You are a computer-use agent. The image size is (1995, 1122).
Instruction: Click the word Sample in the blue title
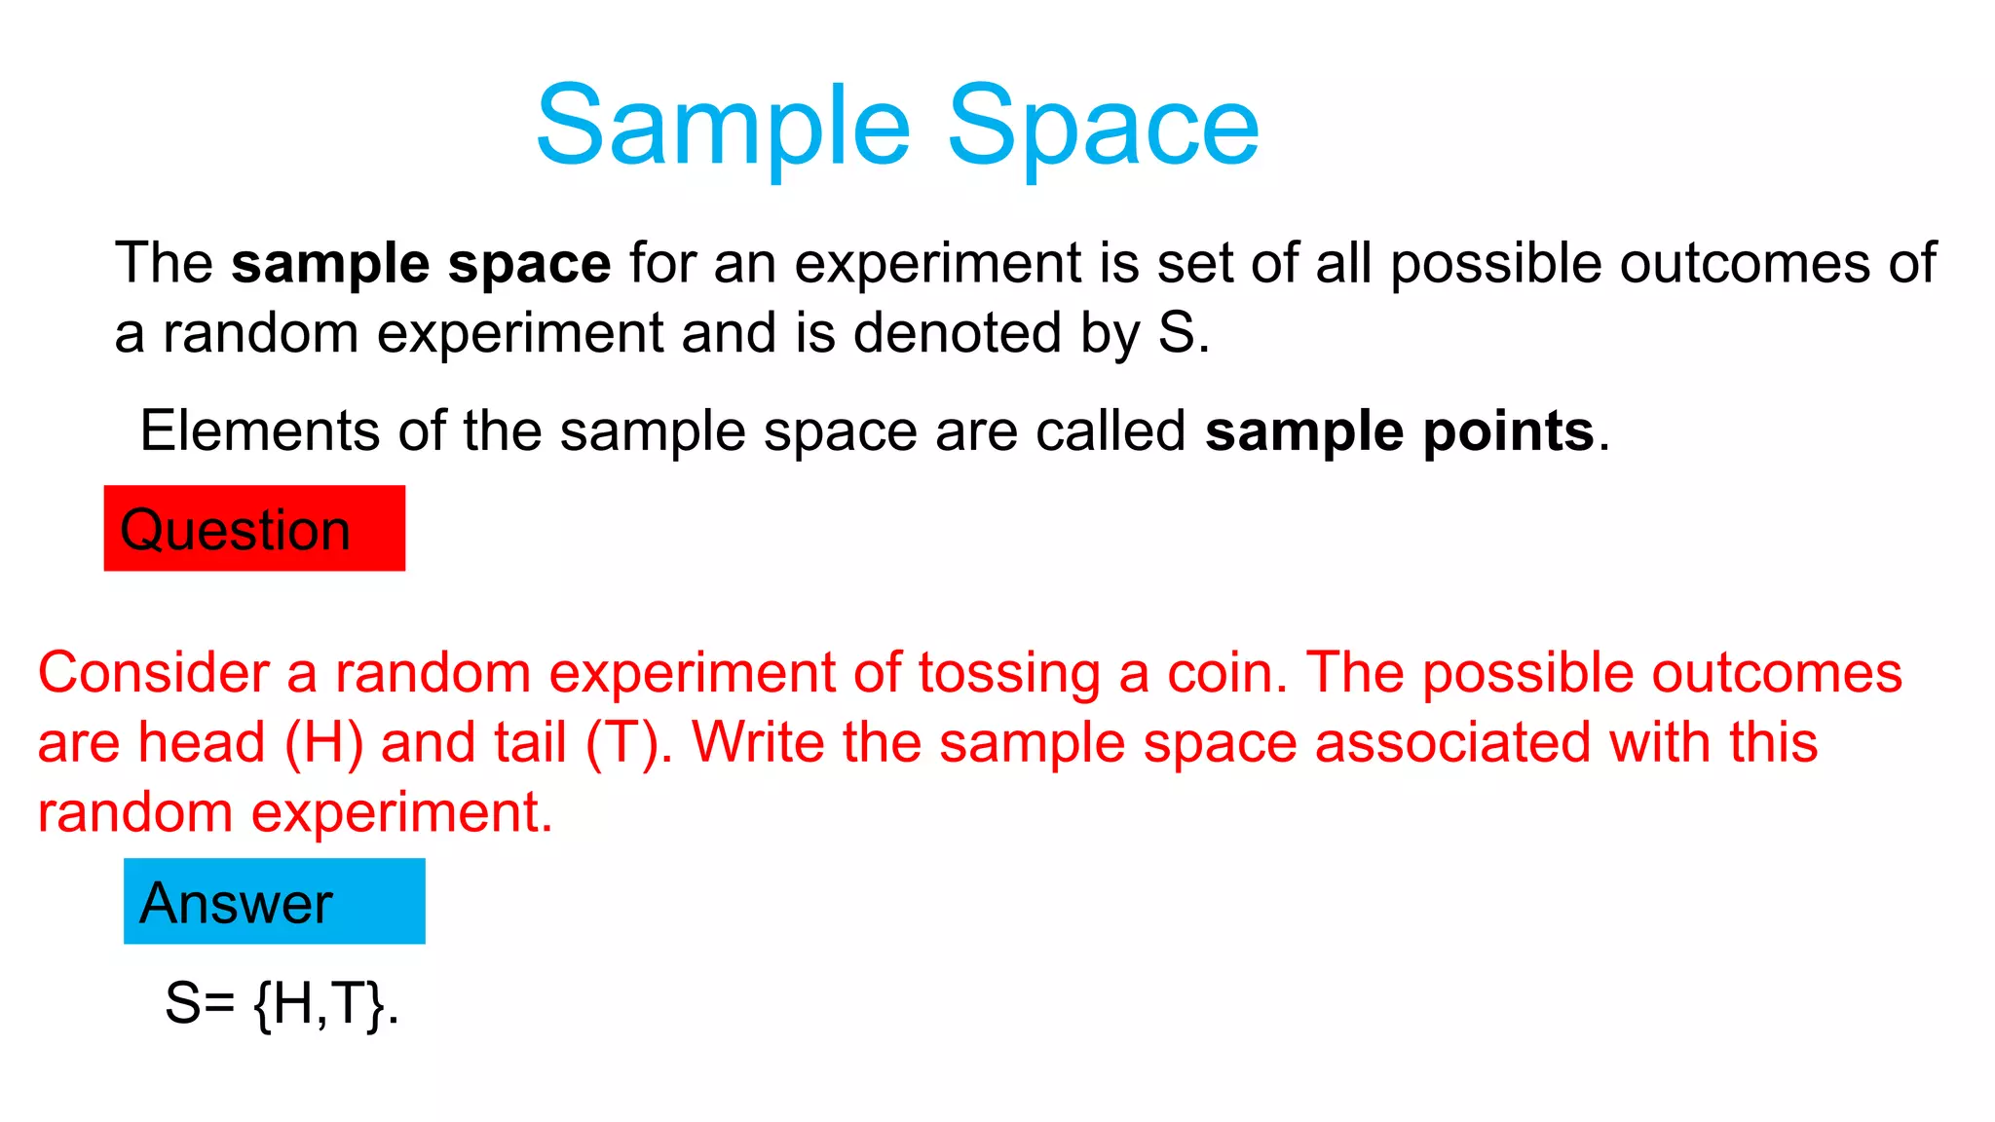(723, 127)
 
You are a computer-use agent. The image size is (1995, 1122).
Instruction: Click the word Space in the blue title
(1103, 127)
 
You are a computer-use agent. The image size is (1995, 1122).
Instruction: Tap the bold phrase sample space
(421, 263)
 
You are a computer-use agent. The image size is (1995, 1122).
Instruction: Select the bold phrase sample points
(1399, 430)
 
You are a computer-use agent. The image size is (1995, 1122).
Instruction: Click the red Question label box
(254, 529)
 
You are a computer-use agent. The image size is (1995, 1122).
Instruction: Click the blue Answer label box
(274, 901)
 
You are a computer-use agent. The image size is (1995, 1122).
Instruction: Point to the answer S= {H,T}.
(282, 1003)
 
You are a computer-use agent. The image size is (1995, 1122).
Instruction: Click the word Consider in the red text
(153, 673)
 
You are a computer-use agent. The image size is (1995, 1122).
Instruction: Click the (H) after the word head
(323, 743)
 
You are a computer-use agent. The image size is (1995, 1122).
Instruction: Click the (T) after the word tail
(623, 743)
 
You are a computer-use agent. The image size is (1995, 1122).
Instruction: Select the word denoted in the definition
(957, 333)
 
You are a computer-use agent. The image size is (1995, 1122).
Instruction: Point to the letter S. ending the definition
(1182, 333)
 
